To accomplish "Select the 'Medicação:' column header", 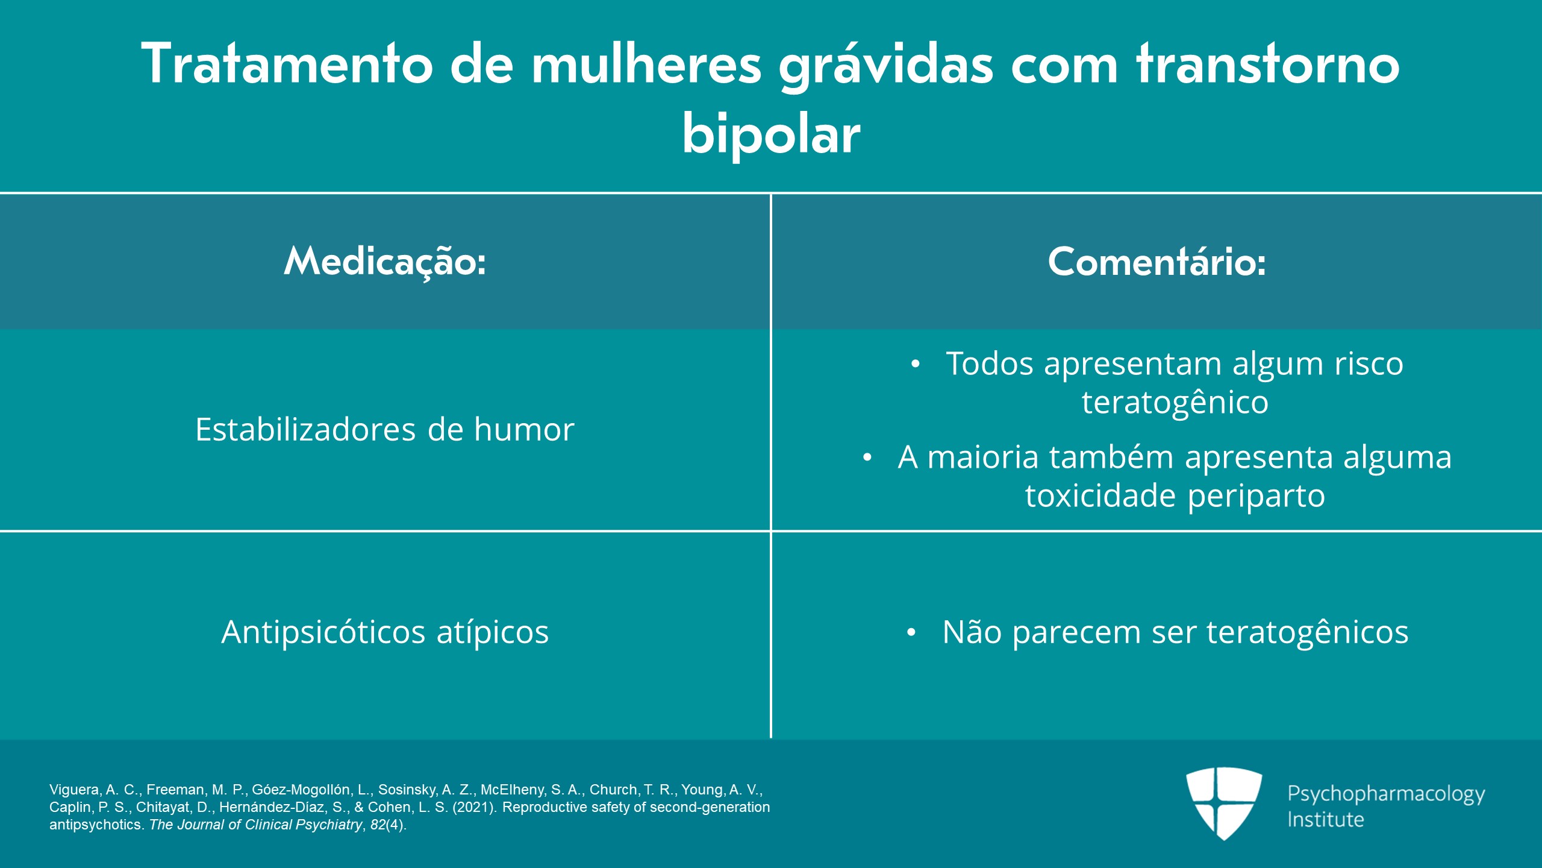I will (x=385, y=262).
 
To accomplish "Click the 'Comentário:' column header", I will (x=1156, y=262).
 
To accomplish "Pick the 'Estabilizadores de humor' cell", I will (x=385, y=429).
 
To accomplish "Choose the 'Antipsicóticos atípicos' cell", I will (x=385, y=632).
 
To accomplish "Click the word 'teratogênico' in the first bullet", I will (x=1175, y=402).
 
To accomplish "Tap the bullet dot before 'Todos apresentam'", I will (x=916, y=364).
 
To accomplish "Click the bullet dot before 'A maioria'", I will (x=867, y=458).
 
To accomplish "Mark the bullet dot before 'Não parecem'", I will (x=911, y=632).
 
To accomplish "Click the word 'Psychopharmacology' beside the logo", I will (x=1386, y=794).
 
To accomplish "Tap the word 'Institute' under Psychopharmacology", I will (x=1325, y=820).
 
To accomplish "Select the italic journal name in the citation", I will (x=255, y=825).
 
